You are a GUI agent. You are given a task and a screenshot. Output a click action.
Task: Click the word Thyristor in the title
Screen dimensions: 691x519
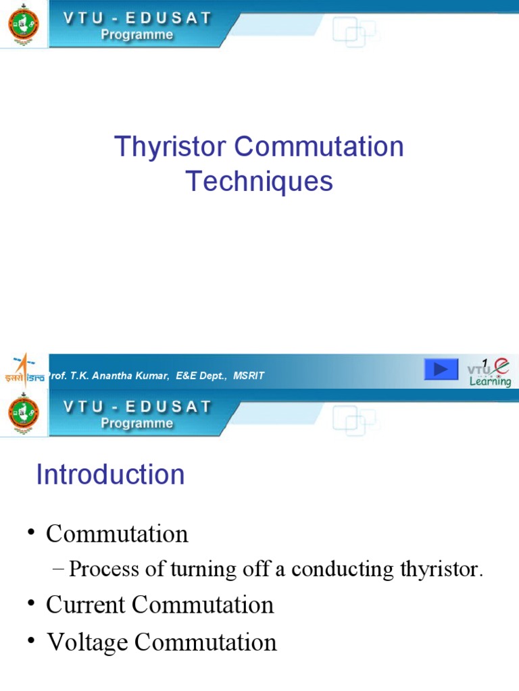pyautogui.click(x=157, y=147)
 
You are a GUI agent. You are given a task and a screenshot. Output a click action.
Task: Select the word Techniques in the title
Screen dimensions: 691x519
pyautogui.click(x=259, y=181)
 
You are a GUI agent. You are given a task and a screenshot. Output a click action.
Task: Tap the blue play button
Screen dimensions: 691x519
pyautogui.click(x=441, y=369)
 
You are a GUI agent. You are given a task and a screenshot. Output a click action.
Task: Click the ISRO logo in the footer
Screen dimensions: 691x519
pyautogui.click(x=24, y=370)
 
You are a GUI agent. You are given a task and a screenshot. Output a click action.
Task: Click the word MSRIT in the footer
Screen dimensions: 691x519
pyautogui.click(x=249, y=376)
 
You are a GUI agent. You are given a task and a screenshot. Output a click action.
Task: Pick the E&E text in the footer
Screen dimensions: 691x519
pyautogui.click(x=187, y=376)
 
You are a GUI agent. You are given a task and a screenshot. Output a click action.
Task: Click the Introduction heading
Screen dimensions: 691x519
pyautogui.click(x=110, y=474)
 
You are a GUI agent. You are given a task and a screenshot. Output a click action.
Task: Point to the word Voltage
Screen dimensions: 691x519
pyautogui.click(x=87, y=642)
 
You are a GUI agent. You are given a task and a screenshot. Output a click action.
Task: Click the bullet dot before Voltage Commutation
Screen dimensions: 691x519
pyautogui.click(x=31, y=641)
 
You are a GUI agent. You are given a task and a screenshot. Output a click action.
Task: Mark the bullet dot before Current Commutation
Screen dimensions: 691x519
pyautogui.click(x=31, y=603)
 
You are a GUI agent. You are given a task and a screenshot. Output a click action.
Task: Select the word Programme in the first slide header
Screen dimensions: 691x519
pyautogui.click(x=137, y=35)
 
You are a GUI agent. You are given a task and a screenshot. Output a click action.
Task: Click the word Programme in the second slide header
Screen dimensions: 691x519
pyautogui.click(x=137, y=423)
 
